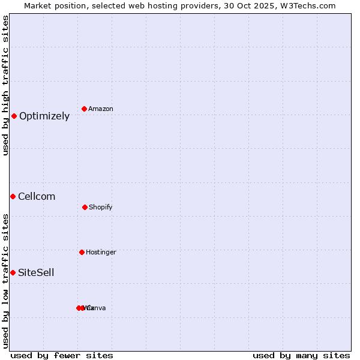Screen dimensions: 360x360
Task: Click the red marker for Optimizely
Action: pyautogui.click(x=14, y=116)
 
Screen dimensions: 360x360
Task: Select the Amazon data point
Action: pyautogui.click(x=85, y=109)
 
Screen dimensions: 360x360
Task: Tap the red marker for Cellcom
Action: pyautogui.click(x=13, y=196)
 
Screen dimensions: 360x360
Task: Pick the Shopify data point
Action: pyautogui.click(x=85, y=207)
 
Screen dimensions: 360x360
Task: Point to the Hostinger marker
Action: pyautogui.click(x=82, y=252)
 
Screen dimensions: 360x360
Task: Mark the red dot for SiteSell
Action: pyautogui.click(x=13, y=272)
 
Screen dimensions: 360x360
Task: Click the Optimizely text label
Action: pyautogui.click(x=44, y=116)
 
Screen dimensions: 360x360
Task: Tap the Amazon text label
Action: pyautogui.click(x=101, y=109)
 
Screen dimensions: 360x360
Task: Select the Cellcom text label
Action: pyautogui.click(x=37, y=197)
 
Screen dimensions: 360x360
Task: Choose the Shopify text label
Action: pyautogui.click(x=101, y=208)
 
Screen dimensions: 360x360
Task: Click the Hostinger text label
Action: pyautogui.click(x=101, y=253)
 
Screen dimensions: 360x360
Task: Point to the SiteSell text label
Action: pyautogui.click(x=36, y=273)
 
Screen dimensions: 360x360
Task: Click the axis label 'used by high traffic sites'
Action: pyautogui.click(x=5, y=85)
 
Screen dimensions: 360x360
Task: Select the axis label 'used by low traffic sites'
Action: pyautogui.click(x=5, y=281)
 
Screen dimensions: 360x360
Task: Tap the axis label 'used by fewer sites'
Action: pyautogui.click(x=62, y=355)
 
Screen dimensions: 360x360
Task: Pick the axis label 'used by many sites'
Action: pyautogui.click(x=301, y=355)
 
